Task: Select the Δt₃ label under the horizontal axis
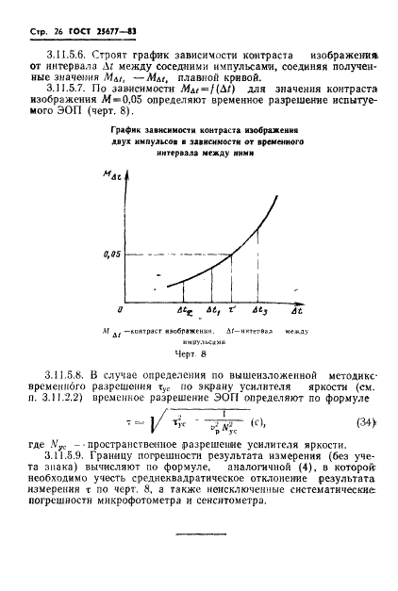coord(261,308)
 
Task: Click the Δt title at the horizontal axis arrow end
coord(296,308)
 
